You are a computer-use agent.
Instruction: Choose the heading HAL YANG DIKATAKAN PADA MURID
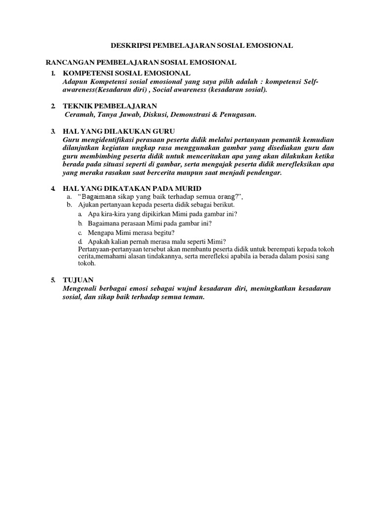[x=125, y=189]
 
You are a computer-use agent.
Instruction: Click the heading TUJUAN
[x=75, y=280]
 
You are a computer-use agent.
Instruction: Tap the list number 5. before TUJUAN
[x=53, y=280]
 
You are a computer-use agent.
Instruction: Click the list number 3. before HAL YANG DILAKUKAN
[x=53, y=132]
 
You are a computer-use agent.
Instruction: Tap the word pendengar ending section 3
[x=264, y=173]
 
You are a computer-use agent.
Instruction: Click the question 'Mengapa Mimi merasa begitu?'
[x=132, y=232]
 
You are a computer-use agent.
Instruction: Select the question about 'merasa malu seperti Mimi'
[x=157, y=241]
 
